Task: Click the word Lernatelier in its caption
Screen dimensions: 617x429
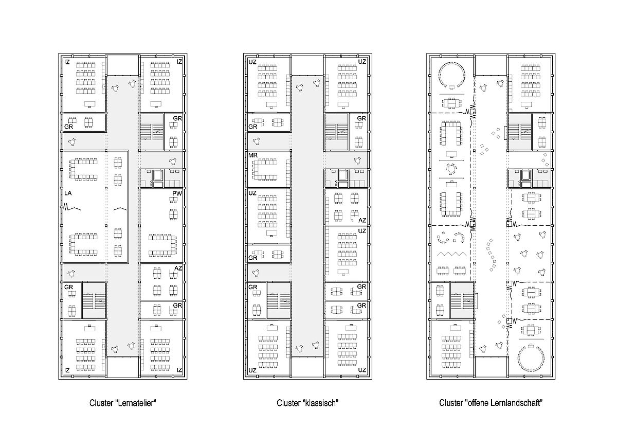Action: coord(137,403)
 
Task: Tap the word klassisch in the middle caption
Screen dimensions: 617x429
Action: coord(321,403)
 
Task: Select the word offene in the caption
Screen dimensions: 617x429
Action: coord(476,403)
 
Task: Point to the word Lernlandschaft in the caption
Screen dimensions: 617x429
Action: coord(516,403)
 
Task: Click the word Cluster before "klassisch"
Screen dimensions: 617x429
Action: coord(288,403)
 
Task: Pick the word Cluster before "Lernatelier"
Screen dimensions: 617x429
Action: coord(101,403)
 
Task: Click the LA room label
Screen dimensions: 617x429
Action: coord(68,193)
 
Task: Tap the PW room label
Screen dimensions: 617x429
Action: coord(177,193)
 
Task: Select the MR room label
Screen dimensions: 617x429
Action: coord(253,155)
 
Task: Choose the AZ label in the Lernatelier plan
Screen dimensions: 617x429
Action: coord(178,268)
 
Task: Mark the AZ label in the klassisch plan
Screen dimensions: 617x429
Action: coord(362,221)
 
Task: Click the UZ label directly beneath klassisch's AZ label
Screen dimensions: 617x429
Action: coord(362,231)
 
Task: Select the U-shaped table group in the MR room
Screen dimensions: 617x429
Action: coord(264,170)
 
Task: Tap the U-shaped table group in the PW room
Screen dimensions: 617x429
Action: coord(162,245)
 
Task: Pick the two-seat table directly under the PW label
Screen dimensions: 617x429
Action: coord(173,200)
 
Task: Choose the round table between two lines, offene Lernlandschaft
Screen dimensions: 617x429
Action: coord(451,169)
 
